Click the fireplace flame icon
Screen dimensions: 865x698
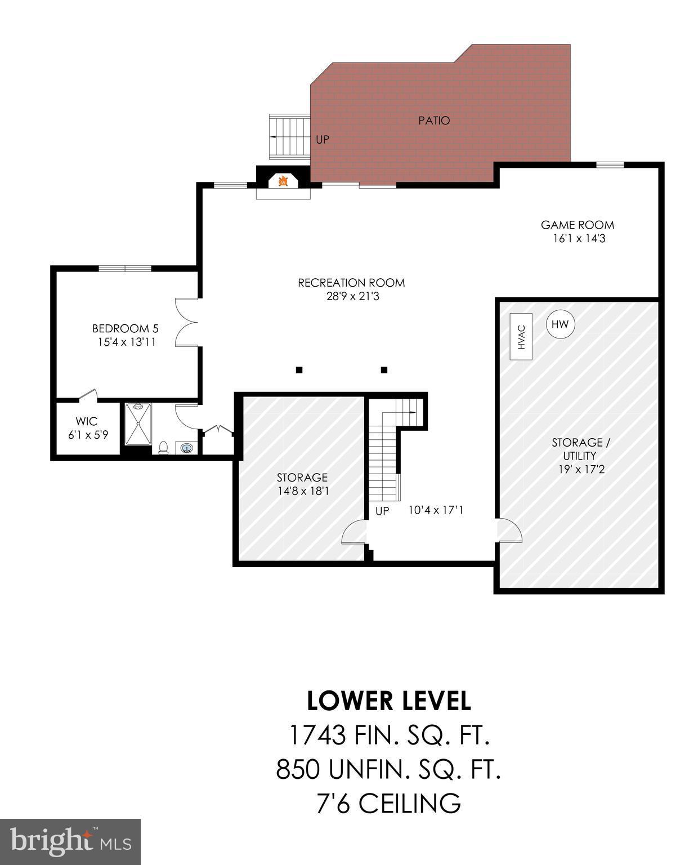pyautogui.click(x=284, y=181)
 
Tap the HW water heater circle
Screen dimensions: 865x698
pyautogui.click(x=560, y=324)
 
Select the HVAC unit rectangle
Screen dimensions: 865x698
pyautogui.click(x=521, y=337)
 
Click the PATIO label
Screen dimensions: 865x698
pyautogui.click(x=434, y=121)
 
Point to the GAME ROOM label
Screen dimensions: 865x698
pyautogui.click(x=577, y=225)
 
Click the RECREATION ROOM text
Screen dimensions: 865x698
pyautogui.click(x=351, y=283)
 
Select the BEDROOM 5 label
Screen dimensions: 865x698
pyautogui.click(x=125, y=328)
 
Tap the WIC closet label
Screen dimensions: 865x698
pyautogui.click(x=87, y=421)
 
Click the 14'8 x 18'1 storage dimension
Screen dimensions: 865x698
pyautogui.click(x=303, y=491)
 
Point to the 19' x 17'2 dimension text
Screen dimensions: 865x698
pyautogui.click(x=578, y=469)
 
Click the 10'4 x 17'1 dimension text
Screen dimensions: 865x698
pyautogui.click(x=436, y=511)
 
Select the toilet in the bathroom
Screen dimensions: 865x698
pyautogui.click(x=163, y=447)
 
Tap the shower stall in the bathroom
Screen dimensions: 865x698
pyautogui.click(x=138, y=424)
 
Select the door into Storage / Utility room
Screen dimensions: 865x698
pyautogui.click(x=509, y=530)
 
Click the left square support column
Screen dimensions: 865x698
pyautogui.click(x=299, y=370)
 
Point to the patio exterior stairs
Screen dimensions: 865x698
pyautogui.click(x=289, y=137)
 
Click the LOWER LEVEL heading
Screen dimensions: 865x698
pyautogui.click(x=388, y=701)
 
